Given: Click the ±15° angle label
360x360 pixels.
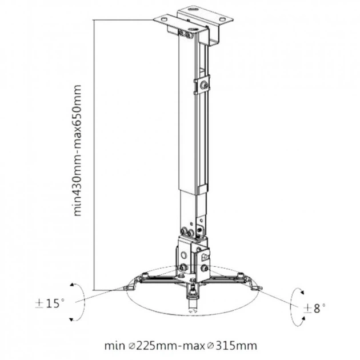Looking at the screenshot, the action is point(50,303).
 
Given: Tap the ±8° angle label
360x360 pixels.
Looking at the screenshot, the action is point(314,309).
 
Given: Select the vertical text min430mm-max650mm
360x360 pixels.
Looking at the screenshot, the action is point(77,150).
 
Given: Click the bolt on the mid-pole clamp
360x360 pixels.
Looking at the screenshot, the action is point(204,85).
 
